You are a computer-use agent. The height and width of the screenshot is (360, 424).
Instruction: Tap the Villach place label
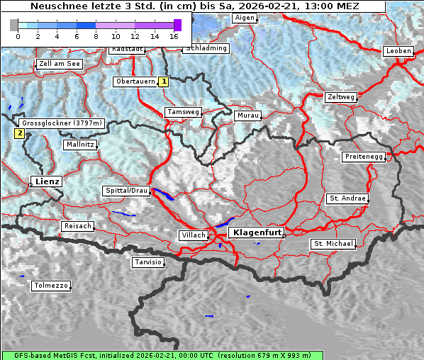[193, 235]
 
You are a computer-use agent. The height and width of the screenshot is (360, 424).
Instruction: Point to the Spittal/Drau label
[127, 191]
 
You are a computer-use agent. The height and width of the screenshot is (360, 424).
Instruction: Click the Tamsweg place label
[184, 112]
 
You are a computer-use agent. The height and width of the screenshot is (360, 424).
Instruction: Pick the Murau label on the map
[248, 115]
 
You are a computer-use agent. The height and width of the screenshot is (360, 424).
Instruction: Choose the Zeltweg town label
[340, 96]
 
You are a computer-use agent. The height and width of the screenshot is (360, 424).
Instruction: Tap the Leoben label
[398, 51]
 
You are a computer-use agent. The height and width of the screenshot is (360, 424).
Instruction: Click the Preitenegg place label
[364, 157]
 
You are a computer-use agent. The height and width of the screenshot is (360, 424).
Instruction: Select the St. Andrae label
[347, 198]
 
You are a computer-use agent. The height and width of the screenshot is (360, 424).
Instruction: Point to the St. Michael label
[333, 244]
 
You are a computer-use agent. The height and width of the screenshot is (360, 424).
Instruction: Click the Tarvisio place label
[148, 262]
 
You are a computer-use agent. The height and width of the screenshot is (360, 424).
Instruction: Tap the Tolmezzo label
[51, 286]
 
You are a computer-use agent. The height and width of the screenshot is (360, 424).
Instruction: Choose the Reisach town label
[77, 226]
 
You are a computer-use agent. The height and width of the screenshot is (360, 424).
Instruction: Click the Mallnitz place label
[79, 145]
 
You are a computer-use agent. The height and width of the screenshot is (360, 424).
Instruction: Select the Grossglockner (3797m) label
[62, 123]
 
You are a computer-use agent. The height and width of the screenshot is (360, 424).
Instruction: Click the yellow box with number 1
[164, 81]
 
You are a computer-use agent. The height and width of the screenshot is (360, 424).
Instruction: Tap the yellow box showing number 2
[19, 133]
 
